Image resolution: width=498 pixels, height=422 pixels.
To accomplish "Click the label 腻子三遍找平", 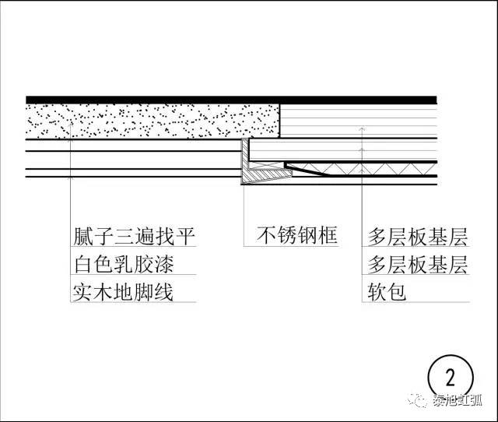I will (132, 236).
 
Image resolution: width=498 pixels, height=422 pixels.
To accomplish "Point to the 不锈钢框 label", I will (298, 235).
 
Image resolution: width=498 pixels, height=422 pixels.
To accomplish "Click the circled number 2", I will (449, 378).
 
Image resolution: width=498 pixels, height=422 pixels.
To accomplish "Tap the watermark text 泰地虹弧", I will (460, 401).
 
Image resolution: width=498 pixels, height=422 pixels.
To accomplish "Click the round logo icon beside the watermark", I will (419, 401).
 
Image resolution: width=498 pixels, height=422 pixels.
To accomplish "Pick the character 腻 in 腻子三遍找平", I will (82, 236).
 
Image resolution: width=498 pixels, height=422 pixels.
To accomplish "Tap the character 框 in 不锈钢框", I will (328, 235).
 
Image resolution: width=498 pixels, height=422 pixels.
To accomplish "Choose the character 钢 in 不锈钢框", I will (308, 235).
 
